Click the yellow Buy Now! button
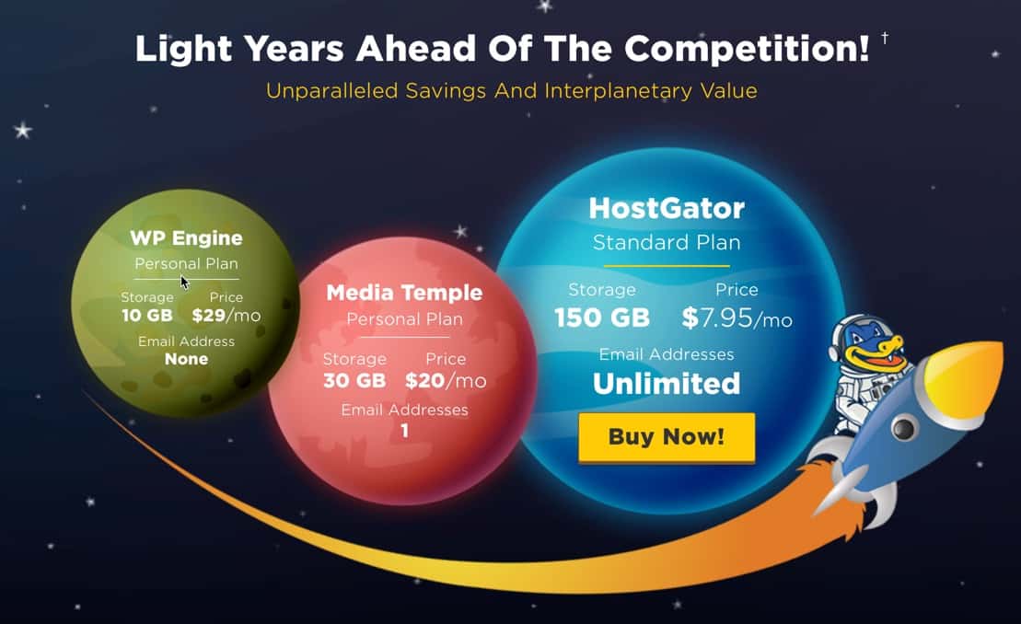(x=667, y=436)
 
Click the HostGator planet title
(x=667, y=208)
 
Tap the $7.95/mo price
(x=737, y=318)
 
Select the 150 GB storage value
(x=602, y=318)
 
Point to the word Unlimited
(x=667, y=383)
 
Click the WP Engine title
(x=186, y=238)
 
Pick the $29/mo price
(x=226, y=316)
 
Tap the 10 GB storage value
(x=147, y=316)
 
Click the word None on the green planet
(x=186, y=359)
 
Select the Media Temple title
(x=404, y=293)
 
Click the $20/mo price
(x=446, y=381)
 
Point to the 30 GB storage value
(x=354, y=381)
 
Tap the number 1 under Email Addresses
(x=405, y=431)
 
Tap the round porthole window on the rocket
(x=902, y=427)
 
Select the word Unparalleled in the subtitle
(x=331, y=90)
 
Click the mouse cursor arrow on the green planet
(x=185, y=282)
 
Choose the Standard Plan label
(x=667, y=243)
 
